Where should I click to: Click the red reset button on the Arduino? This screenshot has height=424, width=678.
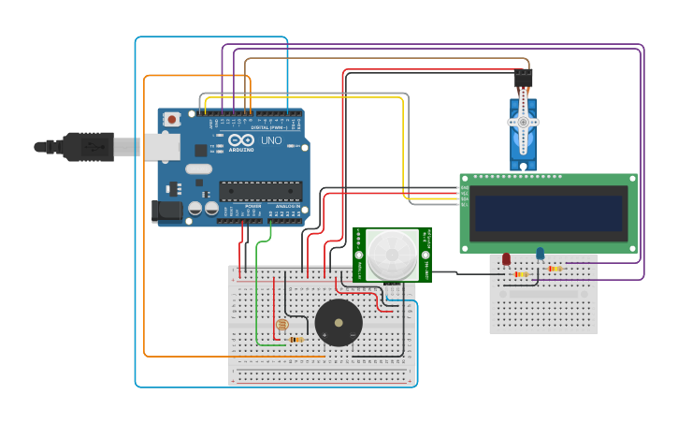(x=171, y=119)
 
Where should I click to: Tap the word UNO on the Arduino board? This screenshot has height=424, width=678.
(x=271, y=140)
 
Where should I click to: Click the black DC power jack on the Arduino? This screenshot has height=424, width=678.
(x=166, y=212)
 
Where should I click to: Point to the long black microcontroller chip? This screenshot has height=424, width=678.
(x=259, y=191)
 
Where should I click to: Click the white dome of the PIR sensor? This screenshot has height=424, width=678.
(x=392, y=254)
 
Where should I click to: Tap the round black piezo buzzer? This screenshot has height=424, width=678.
(x=338, y=323)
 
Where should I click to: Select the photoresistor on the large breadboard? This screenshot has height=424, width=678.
(x=281, y=325)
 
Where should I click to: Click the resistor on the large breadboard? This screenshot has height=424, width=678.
(x=297, y=339)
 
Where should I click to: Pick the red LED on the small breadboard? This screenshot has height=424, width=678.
(x=506, y=258)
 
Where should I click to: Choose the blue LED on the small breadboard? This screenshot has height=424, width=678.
(x=540, y=253)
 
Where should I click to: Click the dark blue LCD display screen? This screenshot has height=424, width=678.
(x=549, y=213)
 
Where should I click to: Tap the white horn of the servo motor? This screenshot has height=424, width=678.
(x=523, y=121)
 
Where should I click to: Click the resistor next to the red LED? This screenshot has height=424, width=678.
(x=522, y=274)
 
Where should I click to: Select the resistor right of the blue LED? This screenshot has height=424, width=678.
(x=555, y=269)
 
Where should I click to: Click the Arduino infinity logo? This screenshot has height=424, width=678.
(x=221, y=142)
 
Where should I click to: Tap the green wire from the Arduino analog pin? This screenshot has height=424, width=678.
(x=257, y=281)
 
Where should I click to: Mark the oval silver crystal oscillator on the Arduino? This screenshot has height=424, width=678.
(x=198, y=169)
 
